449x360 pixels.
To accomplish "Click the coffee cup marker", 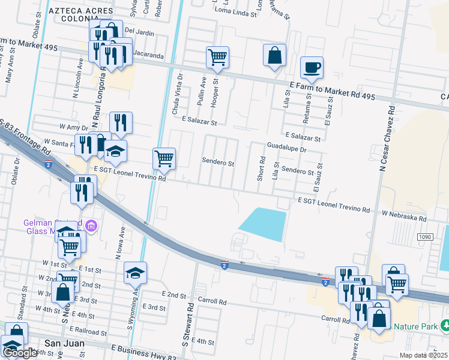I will [311, 67].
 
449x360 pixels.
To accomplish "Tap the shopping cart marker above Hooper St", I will [217, 58].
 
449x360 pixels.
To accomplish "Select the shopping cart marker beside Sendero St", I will [164, 159].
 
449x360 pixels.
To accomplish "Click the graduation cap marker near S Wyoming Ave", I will [136, 272].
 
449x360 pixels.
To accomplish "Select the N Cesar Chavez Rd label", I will [384, 138].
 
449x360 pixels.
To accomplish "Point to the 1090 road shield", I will [425, 238].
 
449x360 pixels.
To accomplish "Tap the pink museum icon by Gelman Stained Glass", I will [91, 226].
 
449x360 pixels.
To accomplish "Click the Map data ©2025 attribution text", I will [424, 355].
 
